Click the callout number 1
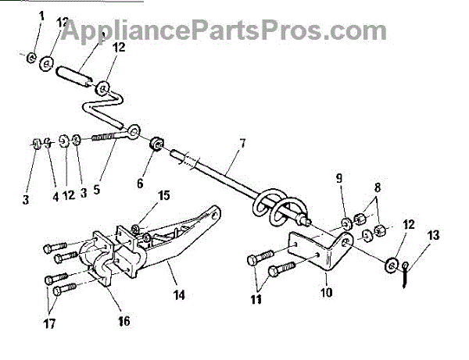[41, 16]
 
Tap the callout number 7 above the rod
[243, 143]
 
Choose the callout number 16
[124, 321]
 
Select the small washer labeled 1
[30, 57]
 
